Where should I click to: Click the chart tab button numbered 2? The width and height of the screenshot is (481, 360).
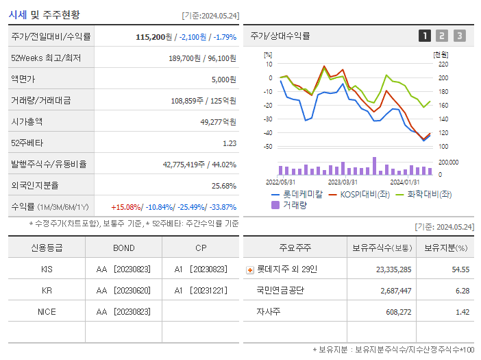tap(442, 36)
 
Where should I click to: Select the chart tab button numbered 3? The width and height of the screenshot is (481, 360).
tap(459, 36)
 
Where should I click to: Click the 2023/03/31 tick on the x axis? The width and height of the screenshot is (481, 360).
tap(343, 182)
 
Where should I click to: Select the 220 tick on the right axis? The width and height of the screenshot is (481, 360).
tap(443, 64)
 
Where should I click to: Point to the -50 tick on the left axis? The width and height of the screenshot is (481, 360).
tap(268, 147)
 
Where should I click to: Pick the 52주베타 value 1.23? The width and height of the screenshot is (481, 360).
tap(229, 143)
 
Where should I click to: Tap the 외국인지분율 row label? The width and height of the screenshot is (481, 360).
tap(34, 185)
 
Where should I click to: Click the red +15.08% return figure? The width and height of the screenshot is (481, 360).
tap(127, 206)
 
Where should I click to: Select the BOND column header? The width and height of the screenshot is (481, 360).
tap(123, 248)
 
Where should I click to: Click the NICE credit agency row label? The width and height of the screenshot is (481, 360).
tap(47, 311)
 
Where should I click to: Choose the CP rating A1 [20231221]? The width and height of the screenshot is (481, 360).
tap(201, 290)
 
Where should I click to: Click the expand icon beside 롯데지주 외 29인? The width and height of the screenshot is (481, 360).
tap(249, 269)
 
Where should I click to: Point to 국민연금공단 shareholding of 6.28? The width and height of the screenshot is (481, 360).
tap(461, 290)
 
